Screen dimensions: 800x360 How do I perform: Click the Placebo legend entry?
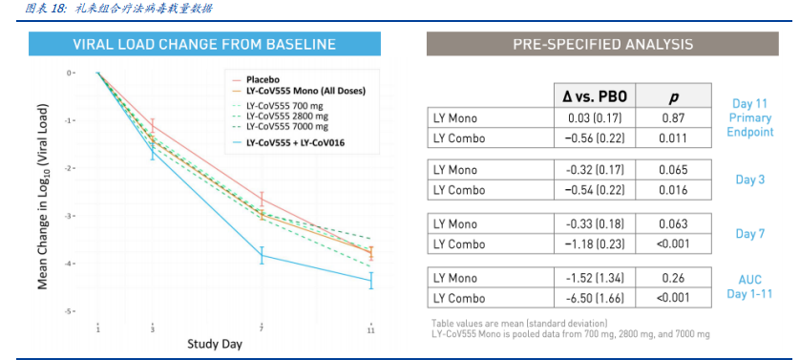click(255, 79)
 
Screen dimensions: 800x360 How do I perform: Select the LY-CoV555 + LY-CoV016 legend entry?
click(286, 142)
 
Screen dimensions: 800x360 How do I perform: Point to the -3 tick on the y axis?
click(71, 216)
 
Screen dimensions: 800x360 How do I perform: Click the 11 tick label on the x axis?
click(371, 330)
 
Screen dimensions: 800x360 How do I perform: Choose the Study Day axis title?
click(215, 343)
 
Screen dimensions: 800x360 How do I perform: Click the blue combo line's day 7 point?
click(262, 255)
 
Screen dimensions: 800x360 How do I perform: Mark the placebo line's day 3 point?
click(152, 126)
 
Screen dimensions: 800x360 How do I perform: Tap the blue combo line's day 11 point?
click(371, 281)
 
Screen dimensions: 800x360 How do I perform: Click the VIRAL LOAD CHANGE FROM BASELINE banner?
click(204, 44)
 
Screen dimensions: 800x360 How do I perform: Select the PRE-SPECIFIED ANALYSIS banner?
click(602, 44)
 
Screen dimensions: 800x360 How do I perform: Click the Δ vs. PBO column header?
click(595, 96)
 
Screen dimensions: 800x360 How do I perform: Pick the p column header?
click(673, 96)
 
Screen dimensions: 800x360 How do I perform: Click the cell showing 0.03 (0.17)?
click(595, 118)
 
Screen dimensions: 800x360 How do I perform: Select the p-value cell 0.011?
click(673, 138)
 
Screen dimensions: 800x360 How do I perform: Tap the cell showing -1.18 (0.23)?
click(595, 244)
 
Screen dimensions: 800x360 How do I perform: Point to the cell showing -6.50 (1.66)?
click(595, 298)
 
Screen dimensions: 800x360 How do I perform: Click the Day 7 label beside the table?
click(750, 234)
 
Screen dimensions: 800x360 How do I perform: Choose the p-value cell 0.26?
click(673, 278)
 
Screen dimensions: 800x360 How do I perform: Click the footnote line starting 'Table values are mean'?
click(519, 323)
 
